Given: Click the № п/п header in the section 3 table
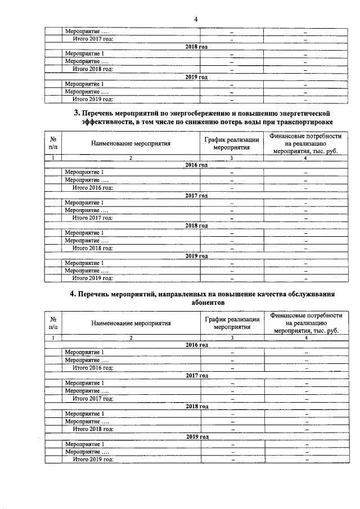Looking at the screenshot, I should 53,143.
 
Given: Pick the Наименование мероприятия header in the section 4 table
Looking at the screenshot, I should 130,323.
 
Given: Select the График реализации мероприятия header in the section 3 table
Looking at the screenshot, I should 232,143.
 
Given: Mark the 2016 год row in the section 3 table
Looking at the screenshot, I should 196,165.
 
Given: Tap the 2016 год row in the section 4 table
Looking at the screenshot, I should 196,344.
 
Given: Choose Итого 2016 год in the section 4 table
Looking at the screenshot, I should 93,367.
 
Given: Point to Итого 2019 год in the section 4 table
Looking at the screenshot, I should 93,459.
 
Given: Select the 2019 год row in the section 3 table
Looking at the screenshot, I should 196,256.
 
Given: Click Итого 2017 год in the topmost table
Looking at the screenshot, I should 93,39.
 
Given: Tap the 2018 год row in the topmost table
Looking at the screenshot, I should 196,46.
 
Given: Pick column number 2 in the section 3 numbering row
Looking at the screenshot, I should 130,158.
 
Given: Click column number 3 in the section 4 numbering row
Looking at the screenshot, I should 232,337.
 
